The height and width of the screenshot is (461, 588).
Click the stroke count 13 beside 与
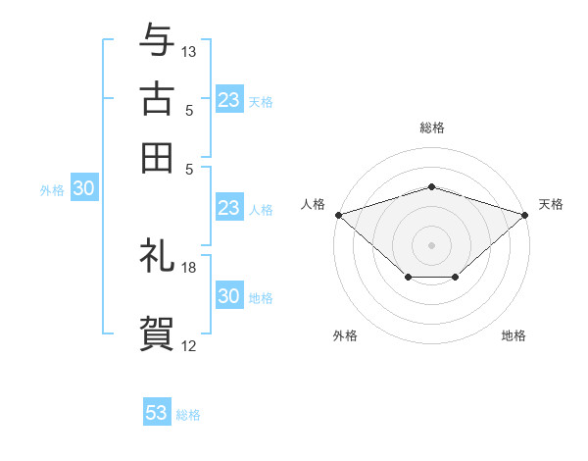click(189, 51)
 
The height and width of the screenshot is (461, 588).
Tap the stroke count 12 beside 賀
click(189, 345)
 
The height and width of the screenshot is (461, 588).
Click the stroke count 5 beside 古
click(189, 111)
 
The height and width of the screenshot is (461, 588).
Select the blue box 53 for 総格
click(157, 413)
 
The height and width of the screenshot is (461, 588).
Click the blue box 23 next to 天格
click(228, 100)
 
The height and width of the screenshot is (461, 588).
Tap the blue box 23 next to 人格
click(228, 208)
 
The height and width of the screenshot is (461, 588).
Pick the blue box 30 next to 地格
click(228, 296)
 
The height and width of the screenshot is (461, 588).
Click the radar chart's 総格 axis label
click(432, 128)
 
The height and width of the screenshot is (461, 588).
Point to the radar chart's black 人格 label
click(313, 204)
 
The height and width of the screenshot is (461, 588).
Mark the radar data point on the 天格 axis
click(526, 214)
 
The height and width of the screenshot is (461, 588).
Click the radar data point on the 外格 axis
click(408, 278)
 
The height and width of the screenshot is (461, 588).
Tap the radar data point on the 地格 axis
click(456, 278)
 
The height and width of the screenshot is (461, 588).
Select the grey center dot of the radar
click(432, 244)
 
